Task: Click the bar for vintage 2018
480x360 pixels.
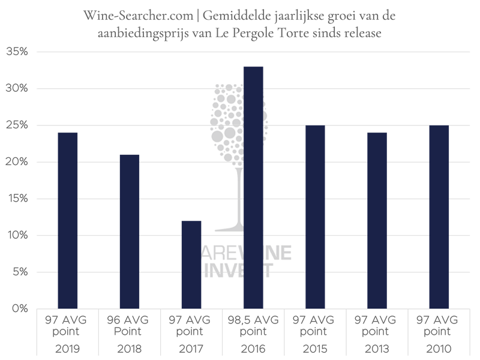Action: coord(130,231)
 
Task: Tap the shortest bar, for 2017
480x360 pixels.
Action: coord(191,265)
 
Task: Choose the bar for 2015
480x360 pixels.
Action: coord(315,217)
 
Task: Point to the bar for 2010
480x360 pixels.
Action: coord(439,217)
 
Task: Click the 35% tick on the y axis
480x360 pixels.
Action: coord(17,52)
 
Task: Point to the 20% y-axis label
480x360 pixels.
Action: coord(17,162)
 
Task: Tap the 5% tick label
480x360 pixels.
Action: coord(19,272)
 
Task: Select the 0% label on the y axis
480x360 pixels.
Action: coord(19,309)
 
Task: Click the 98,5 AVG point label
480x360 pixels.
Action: coord(253,325)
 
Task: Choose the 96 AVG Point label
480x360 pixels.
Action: coord(130,325)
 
